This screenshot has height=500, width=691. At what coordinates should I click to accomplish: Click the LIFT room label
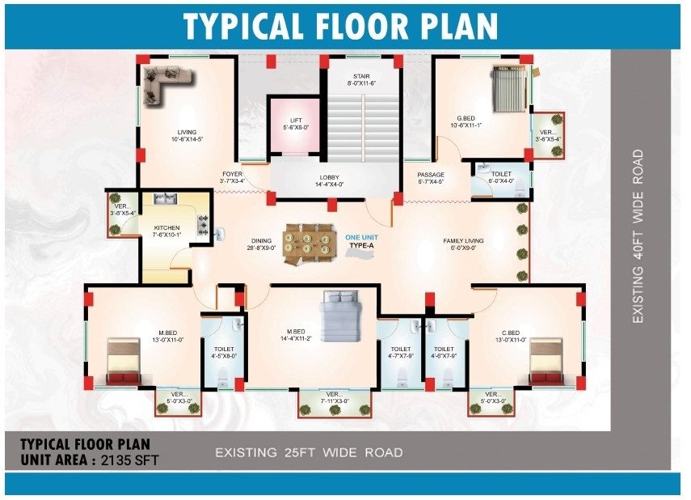pos(296,121)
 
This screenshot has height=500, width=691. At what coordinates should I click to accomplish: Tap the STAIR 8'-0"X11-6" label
pos(361,79)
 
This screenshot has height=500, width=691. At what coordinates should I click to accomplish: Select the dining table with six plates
pos(307,244)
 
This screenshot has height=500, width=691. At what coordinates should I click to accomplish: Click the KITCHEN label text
pos(166,227)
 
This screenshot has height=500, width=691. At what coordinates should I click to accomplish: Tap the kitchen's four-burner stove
pos(204,225)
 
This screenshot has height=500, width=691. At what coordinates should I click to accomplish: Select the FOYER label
pos(232,174)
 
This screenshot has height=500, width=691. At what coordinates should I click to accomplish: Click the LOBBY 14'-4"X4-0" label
pos(329,181)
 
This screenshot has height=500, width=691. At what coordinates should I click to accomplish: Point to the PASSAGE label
pos(431,175)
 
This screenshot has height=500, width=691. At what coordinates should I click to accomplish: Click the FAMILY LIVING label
pos(463,241)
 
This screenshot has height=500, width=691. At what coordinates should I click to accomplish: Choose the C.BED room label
pos(511,333)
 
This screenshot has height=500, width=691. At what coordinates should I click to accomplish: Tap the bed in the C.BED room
pos(546,361)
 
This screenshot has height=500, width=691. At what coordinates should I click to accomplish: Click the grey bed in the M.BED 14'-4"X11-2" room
pos(341,316)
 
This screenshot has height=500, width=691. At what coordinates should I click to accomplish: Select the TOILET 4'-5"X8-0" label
pos(224,352)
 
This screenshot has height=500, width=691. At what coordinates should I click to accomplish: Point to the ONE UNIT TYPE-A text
pos(361,241)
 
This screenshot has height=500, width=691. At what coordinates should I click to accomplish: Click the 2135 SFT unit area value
pos(129,460)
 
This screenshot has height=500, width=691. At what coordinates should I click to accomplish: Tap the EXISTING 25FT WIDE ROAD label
pos(309,453)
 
